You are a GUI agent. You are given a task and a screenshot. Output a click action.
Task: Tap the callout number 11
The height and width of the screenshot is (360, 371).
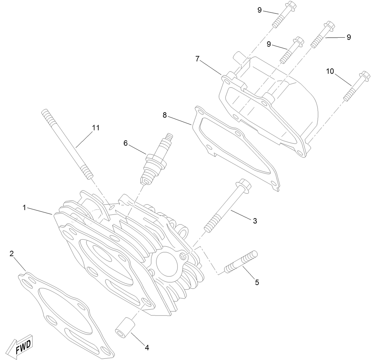pyautogui.click(x=96, y=128)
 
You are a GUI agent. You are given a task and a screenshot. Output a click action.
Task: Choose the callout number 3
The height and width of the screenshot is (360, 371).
pyautogui.click(x=255, y=221)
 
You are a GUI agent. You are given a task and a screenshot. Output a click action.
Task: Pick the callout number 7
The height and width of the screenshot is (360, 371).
pyautogui.click(x=198, y=59)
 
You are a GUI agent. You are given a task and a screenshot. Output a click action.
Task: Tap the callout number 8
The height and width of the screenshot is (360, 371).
pyautogui.click(x=165, y=115)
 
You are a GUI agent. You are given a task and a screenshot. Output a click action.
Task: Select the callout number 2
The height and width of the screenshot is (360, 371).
pyautogui.click(x=11, y=253)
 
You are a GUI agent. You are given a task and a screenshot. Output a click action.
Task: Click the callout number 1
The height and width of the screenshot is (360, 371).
pyautogui.click(x=24, y=208)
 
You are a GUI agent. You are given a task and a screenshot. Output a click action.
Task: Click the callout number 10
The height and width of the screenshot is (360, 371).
pyautogui.click(x=330, y=71)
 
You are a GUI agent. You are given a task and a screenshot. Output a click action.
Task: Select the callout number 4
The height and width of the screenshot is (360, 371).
pyautogui.click(x=147, y=348)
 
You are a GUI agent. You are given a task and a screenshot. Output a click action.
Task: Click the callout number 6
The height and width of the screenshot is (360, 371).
pyautogui.click(x=126, y=143)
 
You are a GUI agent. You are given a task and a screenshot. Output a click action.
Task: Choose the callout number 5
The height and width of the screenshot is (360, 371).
pyautogui.click(x=257, y=282)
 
